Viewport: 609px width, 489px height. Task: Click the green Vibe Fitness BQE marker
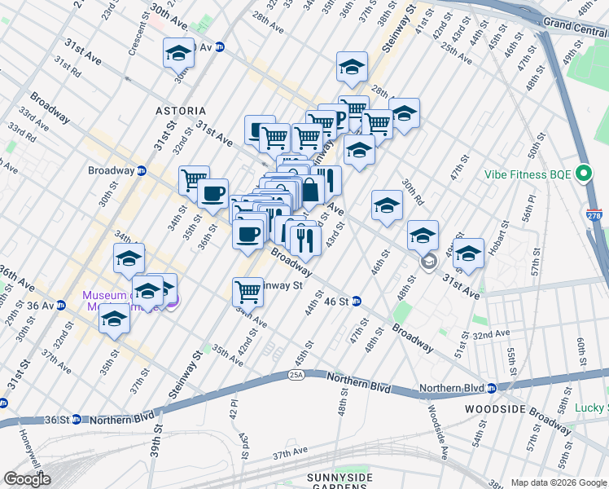click(584, 174)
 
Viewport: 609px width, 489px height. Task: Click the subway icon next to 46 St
click(357, 302)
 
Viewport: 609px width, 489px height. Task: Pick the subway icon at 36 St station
click(76, 420)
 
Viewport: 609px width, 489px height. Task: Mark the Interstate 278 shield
click(594, 216)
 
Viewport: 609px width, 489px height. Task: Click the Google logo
click(27, 479)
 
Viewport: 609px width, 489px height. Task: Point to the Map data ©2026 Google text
click(559, 482)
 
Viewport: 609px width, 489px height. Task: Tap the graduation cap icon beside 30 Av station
click(178, 53)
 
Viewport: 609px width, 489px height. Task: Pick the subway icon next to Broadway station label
click(141, 171)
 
